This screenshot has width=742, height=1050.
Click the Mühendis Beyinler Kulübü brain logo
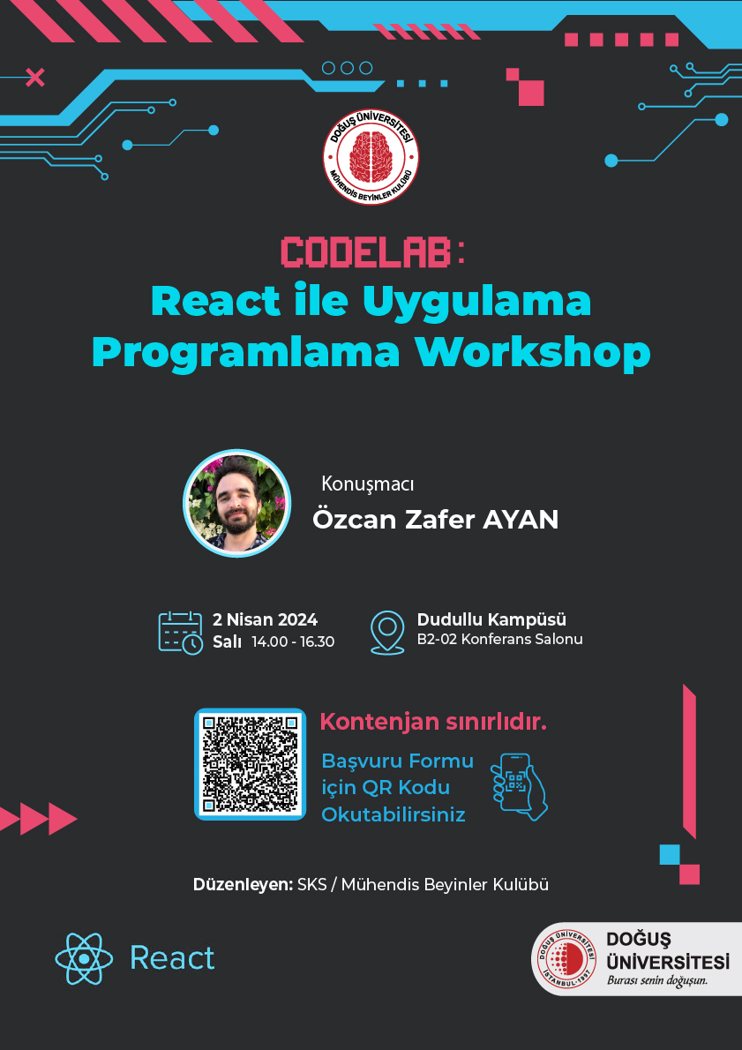(371, 157)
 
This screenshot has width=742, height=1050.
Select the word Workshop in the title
(532, 352)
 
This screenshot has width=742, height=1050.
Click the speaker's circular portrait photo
(237, 504)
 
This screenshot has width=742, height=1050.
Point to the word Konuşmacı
(368, 484)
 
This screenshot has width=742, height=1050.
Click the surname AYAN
(521, 520)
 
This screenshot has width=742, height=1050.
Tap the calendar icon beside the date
(181, 632)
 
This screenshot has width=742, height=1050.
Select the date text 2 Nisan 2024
(266, 619)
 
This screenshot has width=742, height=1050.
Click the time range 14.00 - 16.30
(293, 641)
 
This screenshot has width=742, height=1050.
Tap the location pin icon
(387, 632)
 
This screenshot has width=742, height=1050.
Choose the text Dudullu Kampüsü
(491, 619)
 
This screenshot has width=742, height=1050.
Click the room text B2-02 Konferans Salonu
(499, 640)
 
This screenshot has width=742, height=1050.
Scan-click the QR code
(250, 764)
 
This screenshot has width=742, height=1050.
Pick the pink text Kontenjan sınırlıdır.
(433, 723)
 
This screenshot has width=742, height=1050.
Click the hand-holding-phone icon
(518, 787)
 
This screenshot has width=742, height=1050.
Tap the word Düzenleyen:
(244, 885)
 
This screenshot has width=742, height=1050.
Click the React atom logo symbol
(84, 959)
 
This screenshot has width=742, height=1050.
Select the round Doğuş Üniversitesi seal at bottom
(564, 959)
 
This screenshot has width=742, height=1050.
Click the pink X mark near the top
(34, 78)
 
